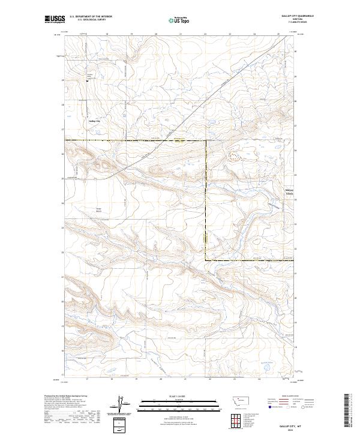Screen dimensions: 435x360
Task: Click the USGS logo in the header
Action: [55, 19]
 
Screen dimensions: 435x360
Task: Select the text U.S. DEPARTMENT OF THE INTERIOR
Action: [91, 17]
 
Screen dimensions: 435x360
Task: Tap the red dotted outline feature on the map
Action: [236, 156]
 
